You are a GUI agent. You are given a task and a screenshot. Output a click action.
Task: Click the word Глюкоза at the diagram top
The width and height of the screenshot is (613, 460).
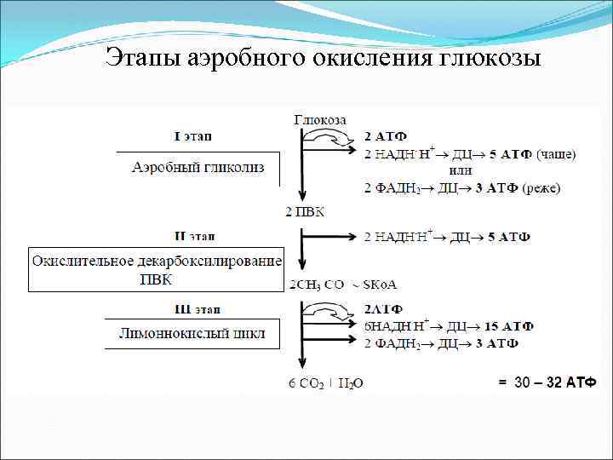[320, 120]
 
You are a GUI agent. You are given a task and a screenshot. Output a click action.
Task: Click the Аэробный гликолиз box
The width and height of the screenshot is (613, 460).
[198, 167]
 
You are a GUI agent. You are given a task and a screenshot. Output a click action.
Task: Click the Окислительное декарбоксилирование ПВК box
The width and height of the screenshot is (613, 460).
[157, 270]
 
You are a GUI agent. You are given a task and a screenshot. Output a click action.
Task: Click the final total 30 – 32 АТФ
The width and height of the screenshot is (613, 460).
[548, 382]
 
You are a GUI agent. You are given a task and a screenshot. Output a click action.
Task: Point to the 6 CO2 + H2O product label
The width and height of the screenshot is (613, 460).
[325, 383]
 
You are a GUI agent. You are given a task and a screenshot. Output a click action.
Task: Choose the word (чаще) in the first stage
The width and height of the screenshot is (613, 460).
[556, 153]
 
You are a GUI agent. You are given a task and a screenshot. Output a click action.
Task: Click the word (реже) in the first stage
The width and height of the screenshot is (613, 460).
[541, 187]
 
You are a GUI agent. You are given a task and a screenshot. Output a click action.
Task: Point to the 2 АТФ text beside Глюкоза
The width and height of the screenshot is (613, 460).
[385, 137]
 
